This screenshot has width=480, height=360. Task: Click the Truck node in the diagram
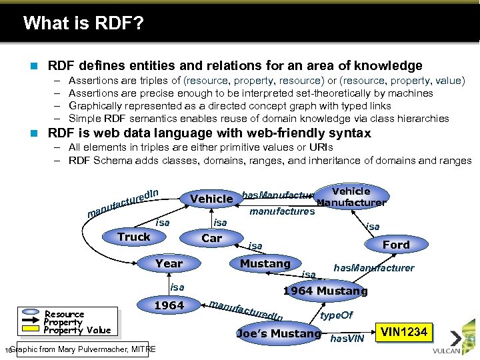pos(134,237)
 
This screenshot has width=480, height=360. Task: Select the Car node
pos(212,238)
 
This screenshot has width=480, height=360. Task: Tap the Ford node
pos(396,245)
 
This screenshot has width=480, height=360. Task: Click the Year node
pos(169,263)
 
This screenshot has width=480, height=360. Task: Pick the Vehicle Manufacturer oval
pos(351,197)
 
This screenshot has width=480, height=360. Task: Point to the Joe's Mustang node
pos(279,333)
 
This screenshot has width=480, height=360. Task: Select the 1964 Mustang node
pos(325,291)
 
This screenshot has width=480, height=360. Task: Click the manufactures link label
pos(281,212)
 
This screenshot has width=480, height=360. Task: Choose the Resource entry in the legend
pos(64,314)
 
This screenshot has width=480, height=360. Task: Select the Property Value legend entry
pos(77,330)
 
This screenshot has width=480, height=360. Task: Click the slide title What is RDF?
pos(83,24)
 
